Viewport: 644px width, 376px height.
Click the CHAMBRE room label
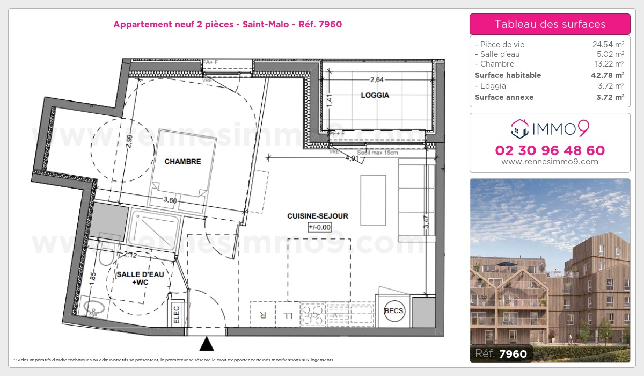point(182,161)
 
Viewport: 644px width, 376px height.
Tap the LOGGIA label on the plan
point(375,96)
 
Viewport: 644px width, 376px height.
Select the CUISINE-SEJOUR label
point(318,216)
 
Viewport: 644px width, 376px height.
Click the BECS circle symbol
point(394,311)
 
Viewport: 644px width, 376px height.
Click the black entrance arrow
point(207,344)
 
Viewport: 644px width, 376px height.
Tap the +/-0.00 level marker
point(320,227)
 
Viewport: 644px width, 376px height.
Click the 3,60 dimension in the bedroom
point(170,200)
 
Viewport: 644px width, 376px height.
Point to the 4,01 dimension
point(352,158)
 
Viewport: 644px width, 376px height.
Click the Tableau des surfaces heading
point(550,24)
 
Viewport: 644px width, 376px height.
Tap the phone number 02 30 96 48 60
point(550,150)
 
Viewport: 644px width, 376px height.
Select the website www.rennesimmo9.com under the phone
point(550,162)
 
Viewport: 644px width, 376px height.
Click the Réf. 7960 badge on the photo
point(501,353)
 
